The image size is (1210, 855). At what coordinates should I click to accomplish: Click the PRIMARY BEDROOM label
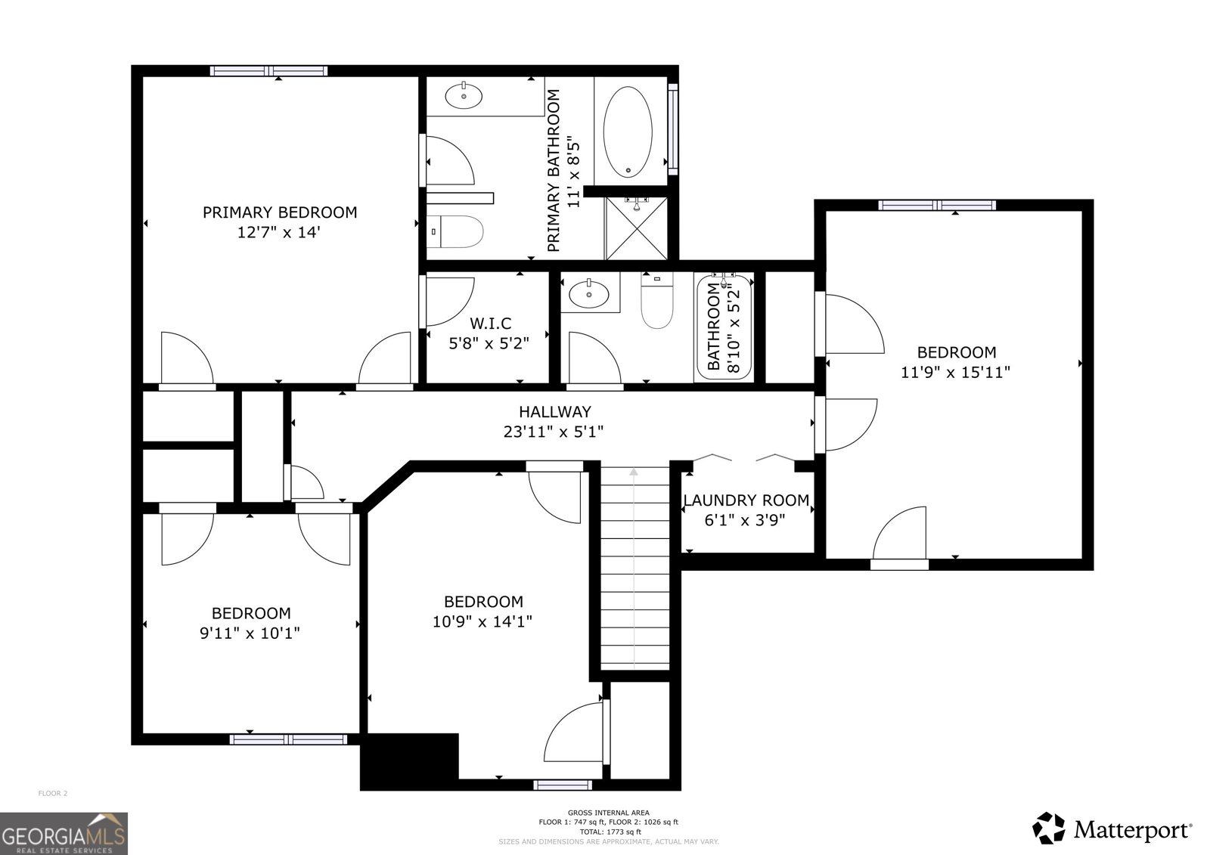pyautogui.click(x=279, y=212)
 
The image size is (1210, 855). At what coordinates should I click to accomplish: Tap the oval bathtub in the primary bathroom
pyautogui.click(x=628, y=132)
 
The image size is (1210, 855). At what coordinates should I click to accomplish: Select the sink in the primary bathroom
pyautogui.click(x=464, y=96)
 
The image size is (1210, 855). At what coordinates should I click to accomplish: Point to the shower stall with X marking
pyautogui.click(x=636, y=228)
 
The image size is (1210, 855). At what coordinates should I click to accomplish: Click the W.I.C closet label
pyautogui.click(x=490, y=324)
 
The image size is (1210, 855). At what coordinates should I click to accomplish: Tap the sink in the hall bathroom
pyautogui.click(x=589, y=293)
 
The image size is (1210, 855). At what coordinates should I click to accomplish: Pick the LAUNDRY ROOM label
pyautogui.click(x=746, y=500)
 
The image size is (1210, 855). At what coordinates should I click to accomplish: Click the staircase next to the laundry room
pyautogui.click(x=634, y=567)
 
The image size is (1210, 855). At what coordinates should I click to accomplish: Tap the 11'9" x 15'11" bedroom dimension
pyautogui.click(x=956, y=372)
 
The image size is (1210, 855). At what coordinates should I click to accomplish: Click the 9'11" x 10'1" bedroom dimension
pyautogui.click(x=250, y=633)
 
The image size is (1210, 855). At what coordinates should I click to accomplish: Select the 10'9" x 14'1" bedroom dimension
pyautogui.click(x=482, y=621)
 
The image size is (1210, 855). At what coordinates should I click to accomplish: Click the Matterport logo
pyautogui.click(x=1112, y=829)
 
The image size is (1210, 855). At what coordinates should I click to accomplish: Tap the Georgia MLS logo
pyautogui.click(x=64, y=834)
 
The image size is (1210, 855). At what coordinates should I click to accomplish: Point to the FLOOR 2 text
pyautogui.click(x=53, y=793)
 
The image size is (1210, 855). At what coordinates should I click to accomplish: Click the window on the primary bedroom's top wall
pyautogui.click(x=268, y=71)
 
